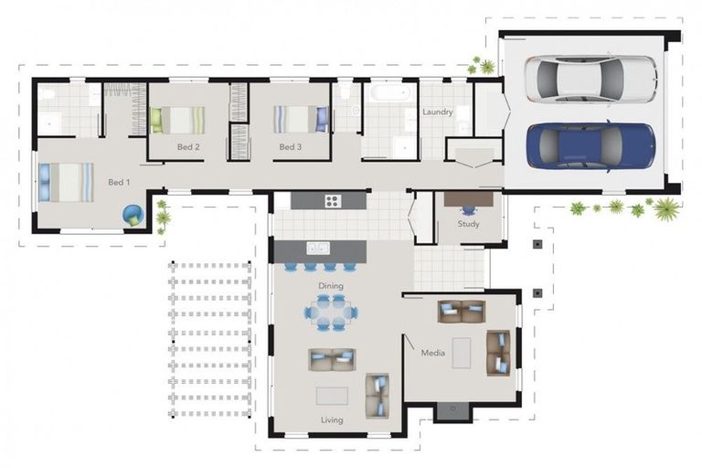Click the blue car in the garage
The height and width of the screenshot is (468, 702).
(x=591, y=146)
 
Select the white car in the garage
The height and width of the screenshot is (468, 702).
(x=591, y=80)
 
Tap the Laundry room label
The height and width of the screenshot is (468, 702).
(x=438, y=112)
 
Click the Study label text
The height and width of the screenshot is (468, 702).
(x=468, y=223)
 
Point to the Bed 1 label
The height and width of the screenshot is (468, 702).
(x=119, y=182)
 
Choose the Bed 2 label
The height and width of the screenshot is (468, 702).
(x=188, y=147)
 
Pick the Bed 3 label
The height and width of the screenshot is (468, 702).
(x=290, y=147)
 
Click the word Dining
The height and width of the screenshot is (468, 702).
(x=331, y=286)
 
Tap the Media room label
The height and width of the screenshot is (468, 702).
(x=433, y=353)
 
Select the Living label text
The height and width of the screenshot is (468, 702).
(x=332, y=420)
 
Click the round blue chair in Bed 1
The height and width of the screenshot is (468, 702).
(x=133, y=216)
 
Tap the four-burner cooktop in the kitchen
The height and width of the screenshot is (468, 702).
(x=333, y=201)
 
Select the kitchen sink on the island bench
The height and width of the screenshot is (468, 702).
(x=318, y=248)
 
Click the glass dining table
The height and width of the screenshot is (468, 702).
(x=331, y=313)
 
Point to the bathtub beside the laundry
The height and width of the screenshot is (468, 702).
(x=390, y=93)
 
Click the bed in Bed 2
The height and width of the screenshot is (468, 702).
(x=177, y=120)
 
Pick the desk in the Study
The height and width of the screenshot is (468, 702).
(x=468, y=199)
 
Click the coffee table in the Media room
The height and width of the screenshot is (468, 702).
(x=462, y=353)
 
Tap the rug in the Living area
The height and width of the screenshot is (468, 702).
(x=332, y=397)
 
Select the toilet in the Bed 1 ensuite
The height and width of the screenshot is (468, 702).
(x=46, y=94)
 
